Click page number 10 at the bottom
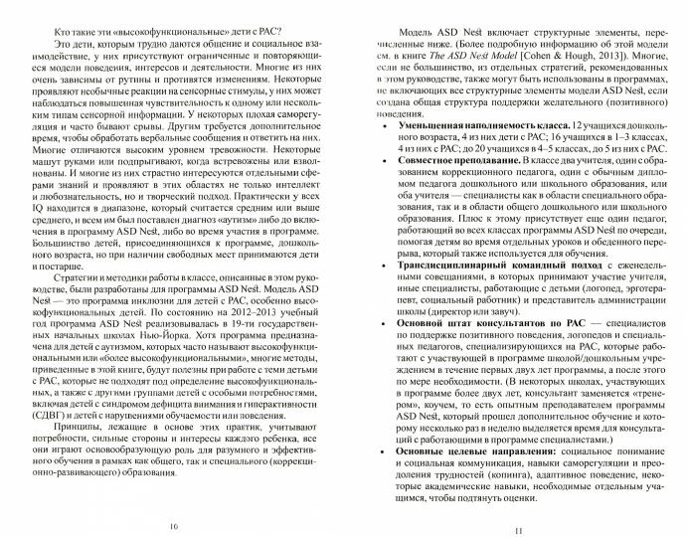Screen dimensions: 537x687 (x=176, y=525)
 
